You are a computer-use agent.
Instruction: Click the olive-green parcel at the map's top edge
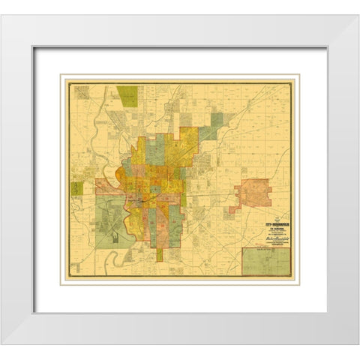(127, 96)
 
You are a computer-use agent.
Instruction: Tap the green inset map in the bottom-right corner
(265, 262)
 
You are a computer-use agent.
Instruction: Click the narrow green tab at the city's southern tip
(159, 255)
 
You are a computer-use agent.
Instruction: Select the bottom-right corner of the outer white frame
(357, 343)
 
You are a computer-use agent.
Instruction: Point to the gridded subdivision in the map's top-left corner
(82, 92)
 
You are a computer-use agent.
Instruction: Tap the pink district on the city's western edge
(105, 186)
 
